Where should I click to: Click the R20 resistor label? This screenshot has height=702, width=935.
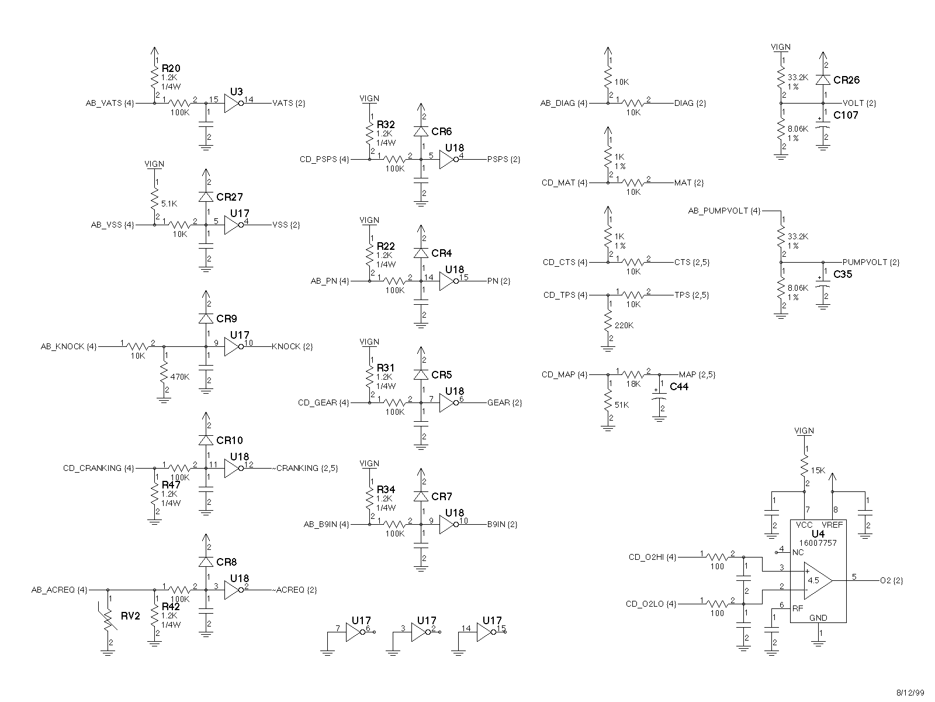click(171, 68)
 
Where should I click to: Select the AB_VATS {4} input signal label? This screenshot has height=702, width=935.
click(110, 104)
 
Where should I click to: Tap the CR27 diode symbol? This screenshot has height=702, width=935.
click(205, 197)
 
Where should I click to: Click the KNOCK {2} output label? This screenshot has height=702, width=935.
click(292, 347)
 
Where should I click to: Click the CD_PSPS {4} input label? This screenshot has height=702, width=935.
click(324, 159)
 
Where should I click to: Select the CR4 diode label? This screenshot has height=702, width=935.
click(442, 253)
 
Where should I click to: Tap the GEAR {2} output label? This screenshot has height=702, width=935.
click(504, 403)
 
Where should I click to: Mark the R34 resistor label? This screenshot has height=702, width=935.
click(386, 489)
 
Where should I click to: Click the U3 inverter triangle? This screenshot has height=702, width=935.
click(233, 104)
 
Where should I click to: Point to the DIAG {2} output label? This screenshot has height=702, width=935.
click(690, 104)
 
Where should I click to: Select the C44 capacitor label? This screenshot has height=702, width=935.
click(679, 387)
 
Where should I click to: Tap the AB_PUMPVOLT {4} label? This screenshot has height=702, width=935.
click(724, 211)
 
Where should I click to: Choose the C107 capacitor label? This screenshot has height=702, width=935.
click(846, 115)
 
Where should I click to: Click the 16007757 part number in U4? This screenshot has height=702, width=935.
click(818, 543)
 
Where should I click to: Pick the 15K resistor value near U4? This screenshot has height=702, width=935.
click(818, 470)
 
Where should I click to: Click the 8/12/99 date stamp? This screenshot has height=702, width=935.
click(911, 693)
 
